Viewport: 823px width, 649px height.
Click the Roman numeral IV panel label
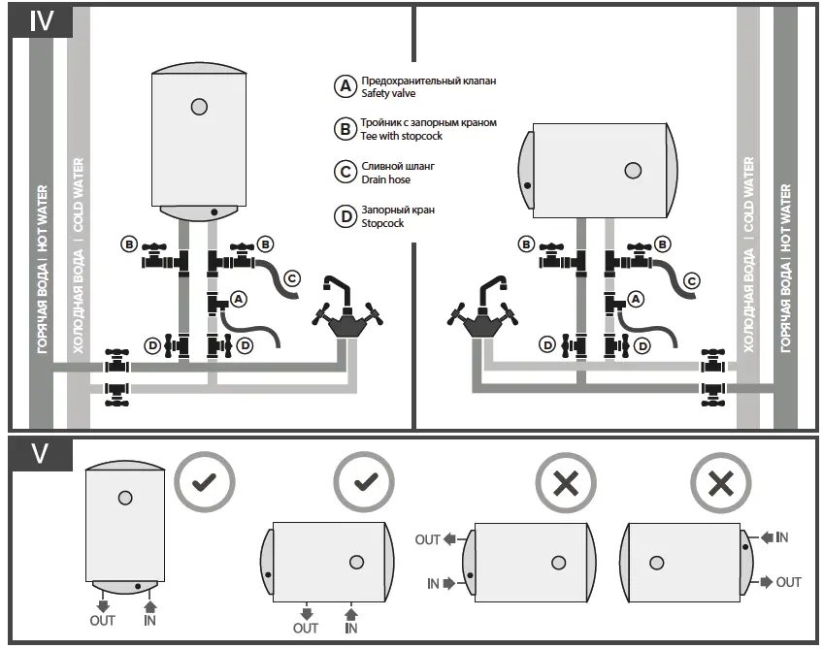(40, 21)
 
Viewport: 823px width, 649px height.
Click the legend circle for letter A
(345, 86)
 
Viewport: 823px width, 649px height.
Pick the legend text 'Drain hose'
(386, 179)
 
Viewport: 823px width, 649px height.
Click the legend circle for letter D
(345, 216)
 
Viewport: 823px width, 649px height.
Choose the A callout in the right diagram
(637, 299)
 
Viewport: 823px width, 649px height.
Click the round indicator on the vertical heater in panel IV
(199, 105)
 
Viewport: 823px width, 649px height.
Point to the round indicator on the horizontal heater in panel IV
(633, 171)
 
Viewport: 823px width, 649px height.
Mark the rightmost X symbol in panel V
(719, 482)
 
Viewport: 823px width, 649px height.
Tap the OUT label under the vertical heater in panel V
(102, 620)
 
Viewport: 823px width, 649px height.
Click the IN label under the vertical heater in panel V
(149, 620)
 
